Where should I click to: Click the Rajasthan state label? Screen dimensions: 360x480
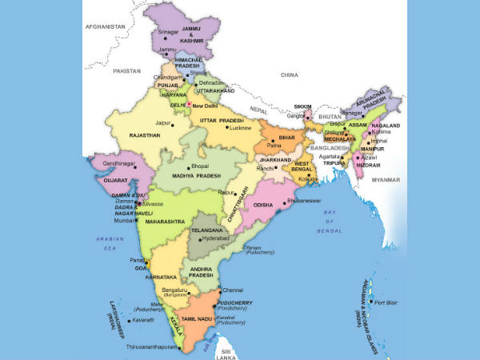pyautogui.click(x=143, y=136)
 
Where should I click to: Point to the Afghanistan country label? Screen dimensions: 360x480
pyautogui.click(x=105, y=26)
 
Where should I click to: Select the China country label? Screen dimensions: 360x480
pyautogui.click(x=289, y=74)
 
